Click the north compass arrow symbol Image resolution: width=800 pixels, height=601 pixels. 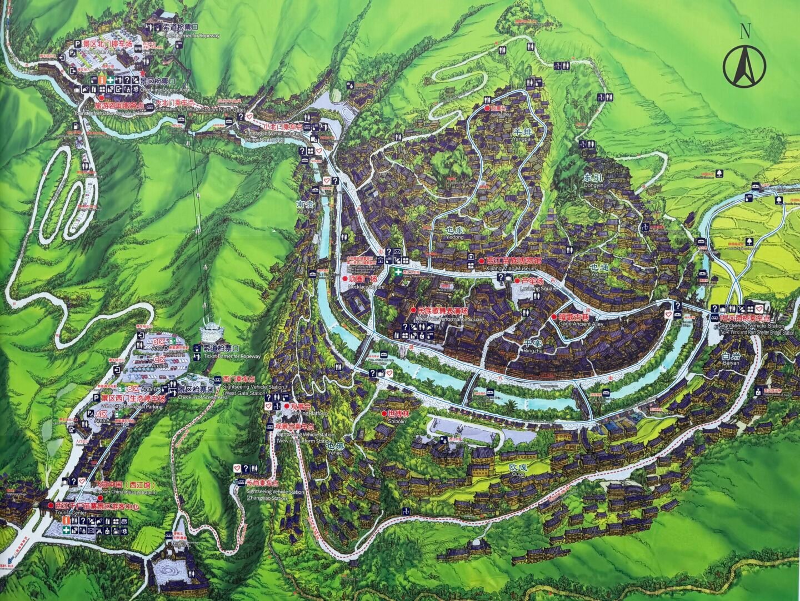pos(744,65)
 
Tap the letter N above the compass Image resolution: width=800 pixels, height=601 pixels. pos(744,32)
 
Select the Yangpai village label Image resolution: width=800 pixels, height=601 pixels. pos(523,134)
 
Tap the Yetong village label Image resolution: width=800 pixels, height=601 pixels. pos(599,269)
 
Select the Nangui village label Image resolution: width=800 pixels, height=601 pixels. pos(306,207)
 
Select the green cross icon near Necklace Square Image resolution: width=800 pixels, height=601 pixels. pos(397,273)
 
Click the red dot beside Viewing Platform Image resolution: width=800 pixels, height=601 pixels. pos(287,406)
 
